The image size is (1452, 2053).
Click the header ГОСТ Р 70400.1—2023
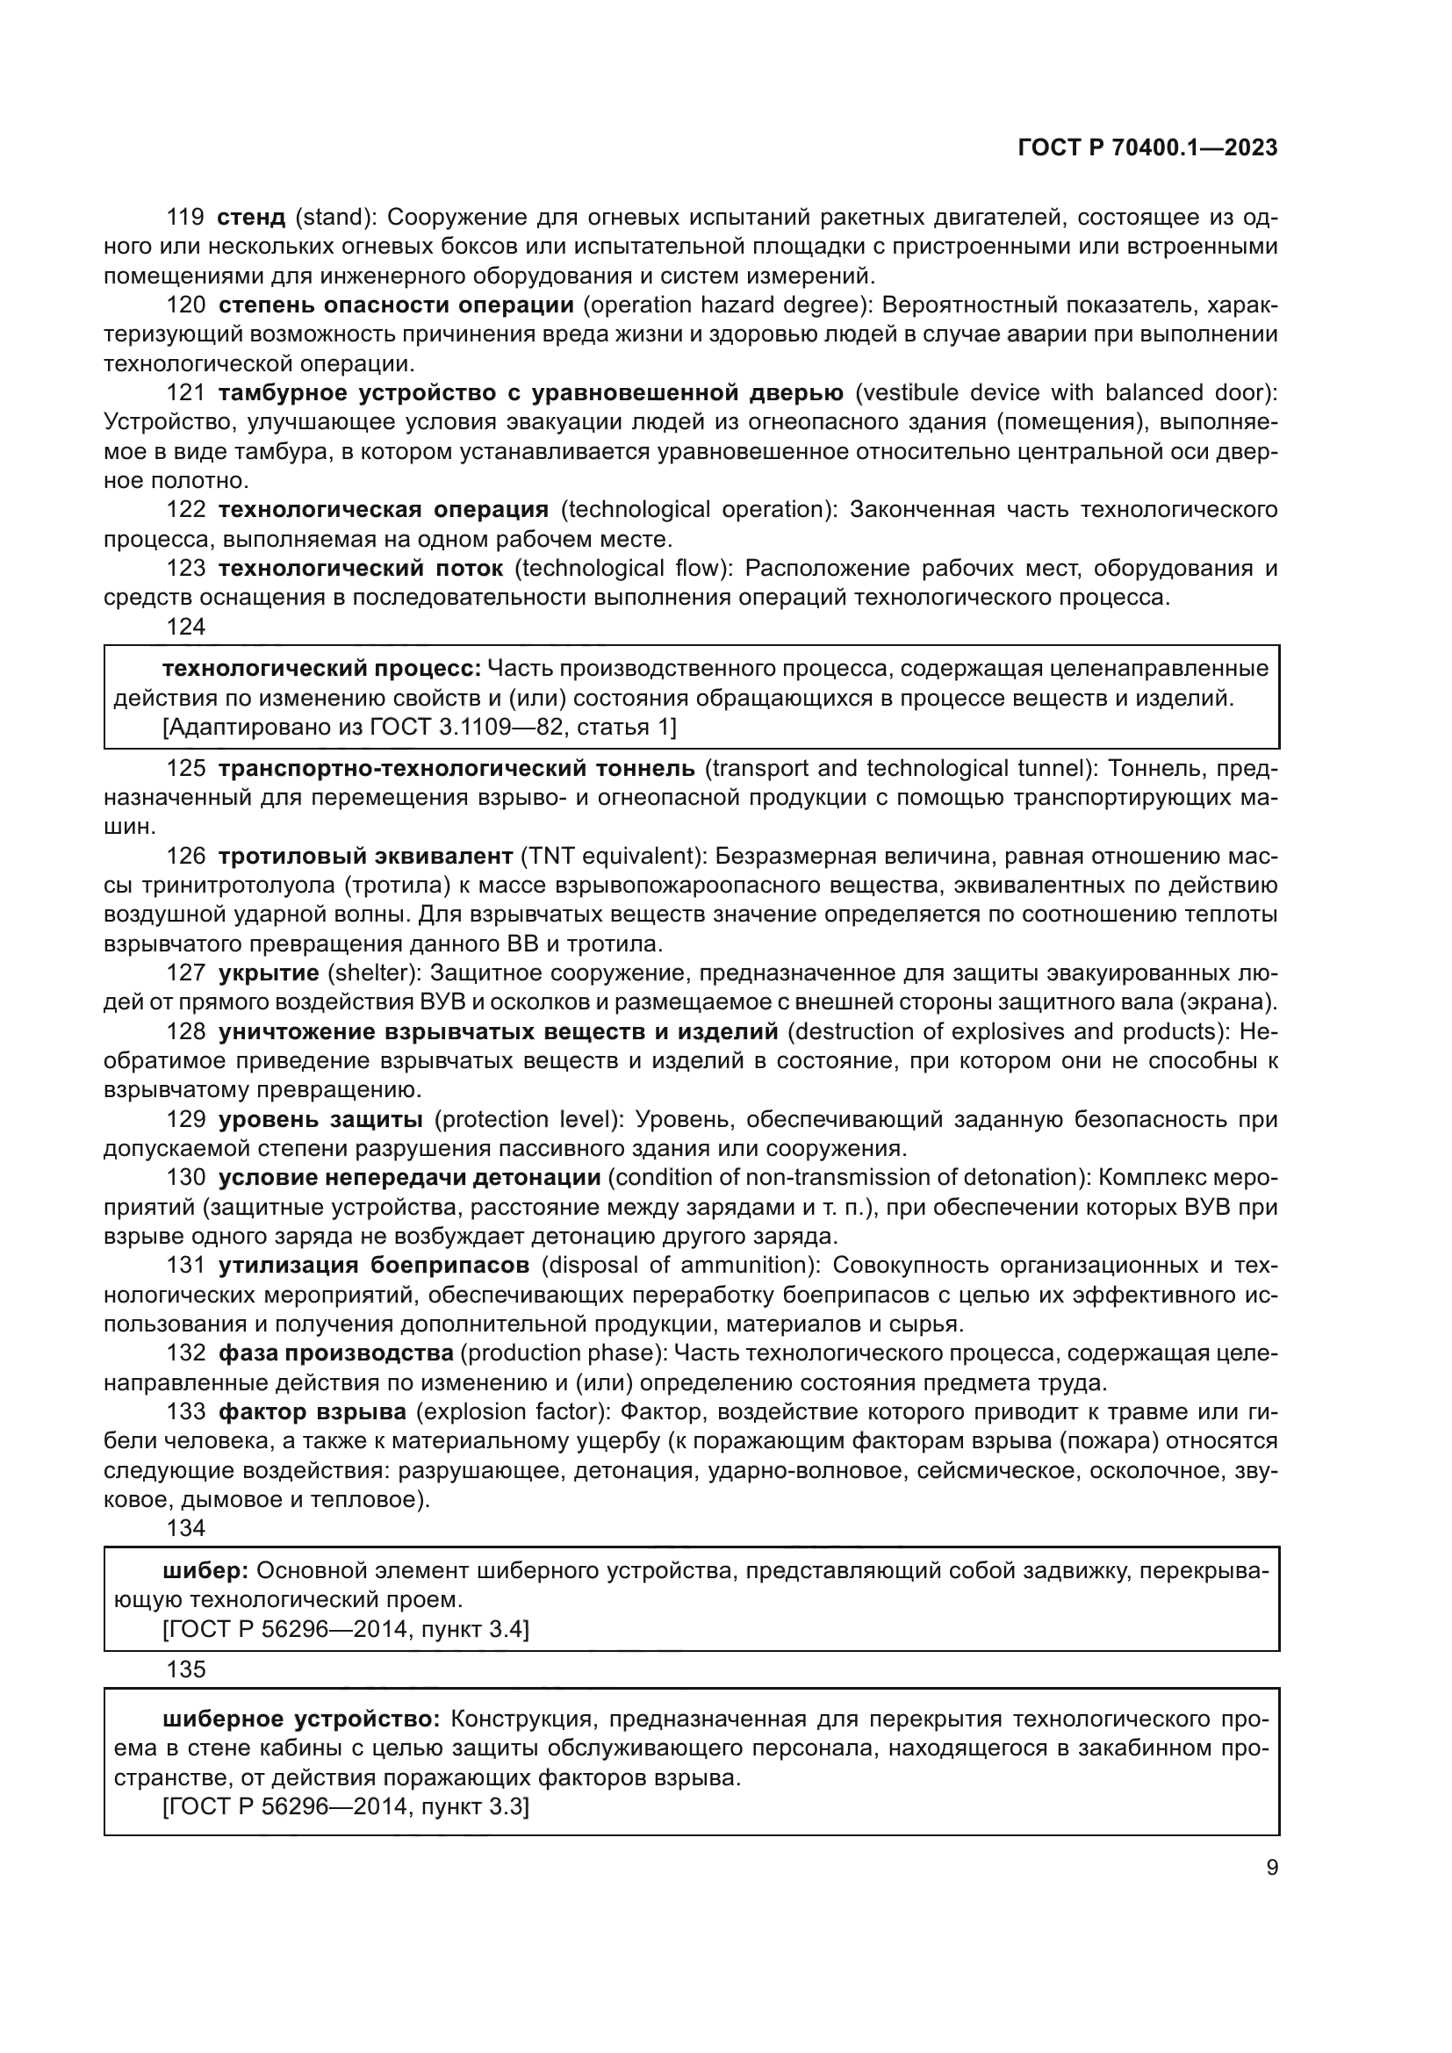point(1147,147)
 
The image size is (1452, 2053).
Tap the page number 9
point(1272,1867)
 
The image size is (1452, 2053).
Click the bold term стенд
point(251,218)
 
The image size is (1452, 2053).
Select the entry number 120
point(186,305)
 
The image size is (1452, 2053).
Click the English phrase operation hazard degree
point(727,305)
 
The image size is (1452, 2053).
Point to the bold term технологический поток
point(361,569)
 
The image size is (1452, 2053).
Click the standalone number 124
point(186,627)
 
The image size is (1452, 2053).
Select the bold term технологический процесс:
point(322,669)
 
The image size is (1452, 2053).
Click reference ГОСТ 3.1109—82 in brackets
point(465,727)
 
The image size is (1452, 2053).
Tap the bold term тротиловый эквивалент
point(366,856)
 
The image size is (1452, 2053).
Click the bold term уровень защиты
point(321,1119)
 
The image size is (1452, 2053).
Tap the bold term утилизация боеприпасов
point(374,1266)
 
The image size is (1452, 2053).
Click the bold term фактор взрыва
point(312,1412)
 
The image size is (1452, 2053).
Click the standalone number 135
point(186,1669)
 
